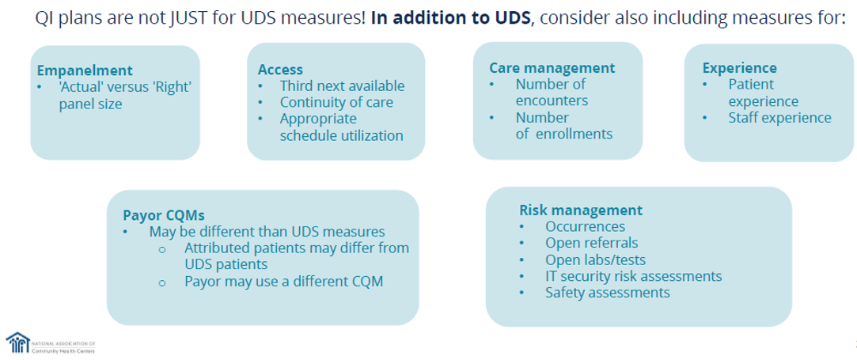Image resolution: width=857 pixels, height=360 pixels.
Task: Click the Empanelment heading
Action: pyautogui.click(x=85, y=70)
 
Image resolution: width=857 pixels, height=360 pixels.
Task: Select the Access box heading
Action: pyautogui.click(x=280, y=70)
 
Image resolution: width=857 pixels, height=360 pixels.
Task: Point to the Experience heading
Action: pyautogui.click(x=740, y=68)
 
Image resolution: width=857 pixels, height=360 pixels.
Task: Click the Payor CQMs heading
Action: pyautogui.click(x=164, y=215)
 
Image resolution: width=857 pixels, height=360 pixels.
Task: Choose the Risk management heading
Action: pyautogui.click(x=581, y=210)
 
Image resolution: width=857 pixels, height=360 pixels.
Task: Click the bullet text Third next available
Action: pyautogui.click(x=342, y=85)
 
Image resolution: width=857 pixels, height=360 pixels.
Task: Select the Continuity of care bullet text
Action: pyautogui.click(x=336, y=102)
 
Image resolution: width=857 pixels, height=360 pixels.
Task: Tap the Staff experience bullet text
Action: pyautogui.click(x=779, y=118)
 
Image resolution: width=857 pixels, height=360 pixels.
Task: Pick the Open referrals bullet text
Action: pyautogui.click(x=591, y=243)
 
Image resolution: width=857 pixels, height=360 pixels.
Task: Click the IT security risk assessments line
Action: pyautogui.click(x=633, y=276)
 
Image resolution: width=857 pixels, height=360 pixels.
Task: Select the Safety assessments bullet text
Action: pyautogui.click(x=607, y=293)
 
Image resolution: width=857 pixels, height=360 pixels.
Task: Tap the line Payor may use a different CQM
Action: pyautogui.click(x=284, y=281)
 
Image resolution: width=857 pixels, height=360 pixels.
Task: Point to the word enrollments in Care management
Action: pyautogui.click(x=574, y=134)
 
